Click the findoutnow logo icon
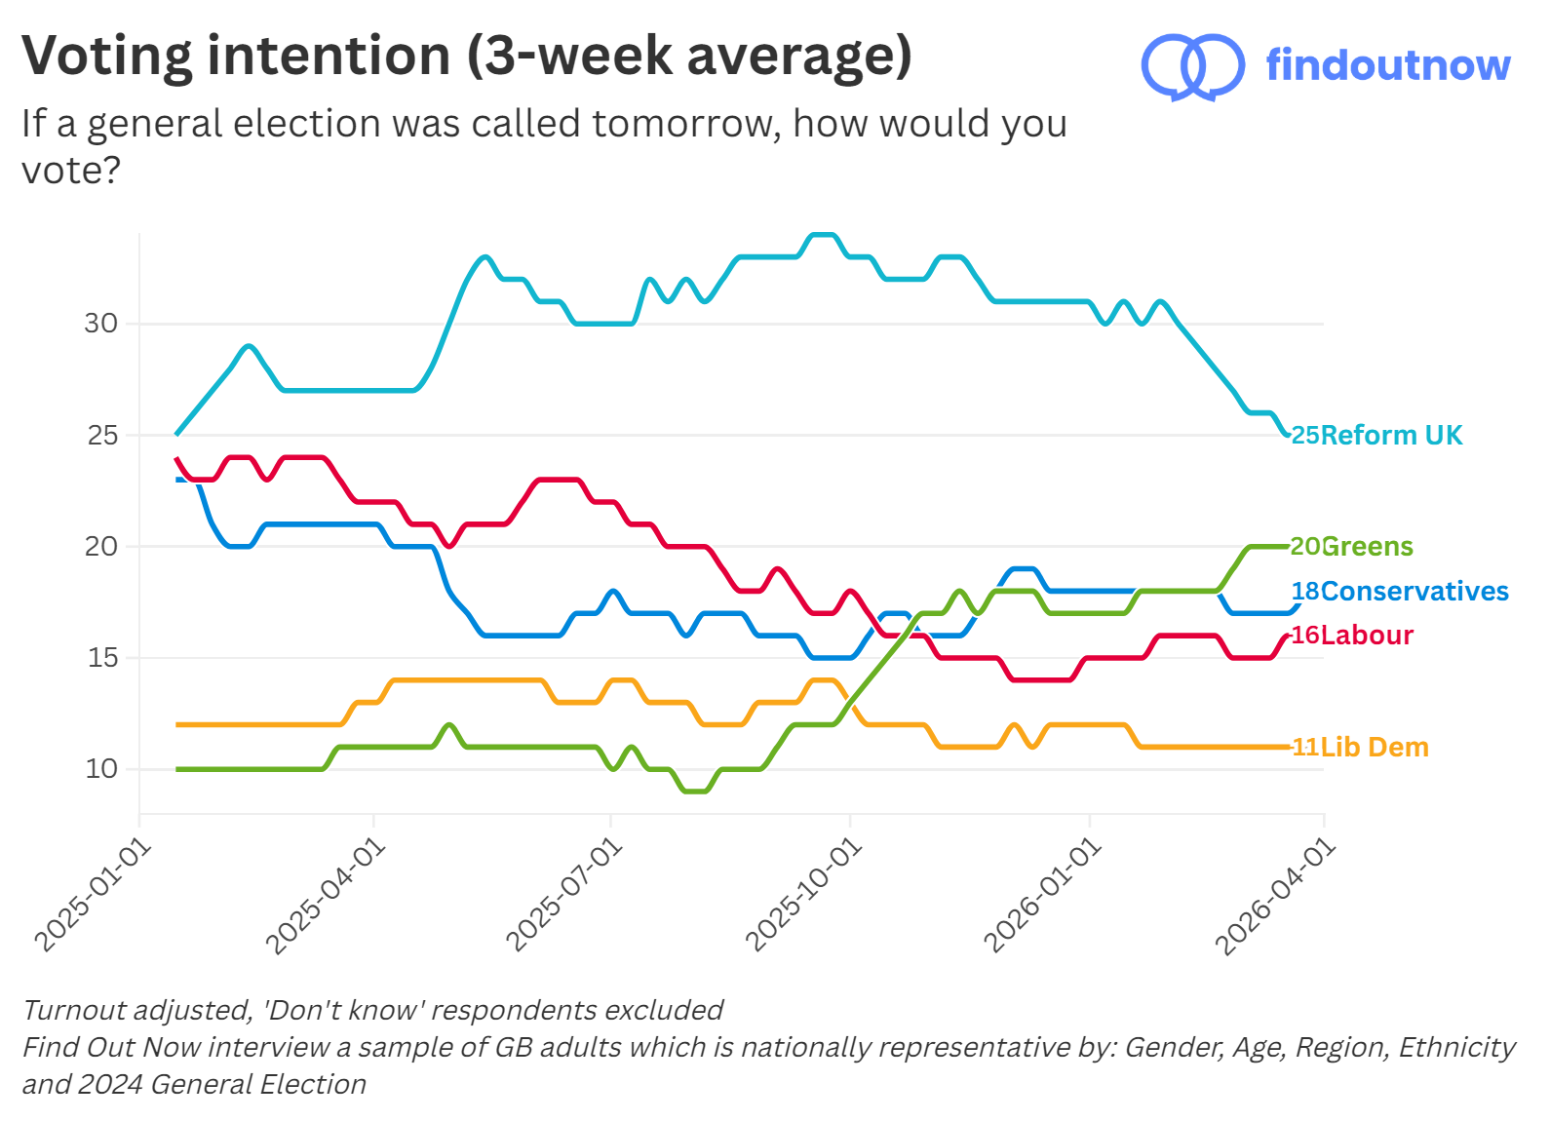pyautogui.click(x=1191, y=66)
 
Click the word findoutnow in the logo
pyautogui.click(x=1387, y=65)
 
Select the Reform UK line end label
pyautogui.click(x=1377, y=435)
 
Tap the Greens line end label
pyautogui.click(x=1352, y=546)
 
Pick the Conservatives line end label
pyautogui.click(x=1400, y=591)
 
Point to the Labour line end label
pyautogui.click(x=1352, y=635)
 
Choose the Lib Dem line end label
pyautogui.click(x=1360, y=747)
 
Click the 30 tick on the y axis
pyautogui.click(x=100, y=324)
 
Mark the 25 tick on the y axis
pyautogui.click(x=101, y=435)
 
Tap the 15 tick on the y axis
pyautogui.click(x=101, y=658)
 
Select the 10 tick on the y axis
pyautogui.click(x=100, y=769)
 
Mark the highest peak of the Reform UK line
pyautogui.click(x=824, y=235)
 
